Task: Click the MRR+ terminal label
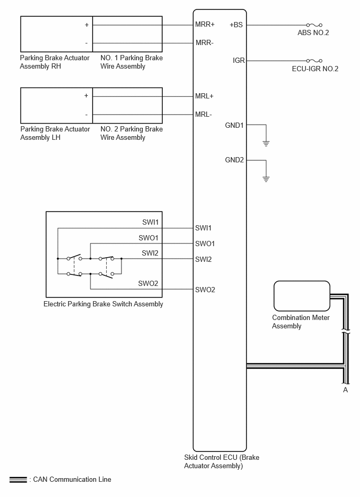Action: pos(205,25)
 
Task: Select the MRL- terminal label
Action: pos(204,114)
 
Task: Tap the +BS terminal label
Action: pos(236,25)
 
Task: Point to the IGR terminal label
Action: pos(239,60)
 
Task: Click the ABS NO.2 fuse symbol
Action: pos(314,25)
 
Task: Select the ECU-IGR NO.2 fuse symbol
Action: pos(314,61)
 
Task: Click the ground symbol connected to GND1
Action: pos(266,143)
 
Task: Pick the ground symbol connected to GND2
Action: pos(266,179)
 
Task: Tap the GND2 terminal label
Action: pos(234,160)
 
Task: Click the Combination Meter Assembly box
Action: pos(302,296)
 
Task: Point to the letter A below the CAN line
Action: pos(345,390)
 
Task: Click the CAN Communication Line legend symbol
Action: pos(18,480)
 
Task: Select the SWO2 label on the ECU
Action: pos(205,290)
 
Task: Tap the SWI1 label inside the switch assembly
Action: pos(150,222)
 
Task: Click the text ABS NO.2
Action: pos(313,32)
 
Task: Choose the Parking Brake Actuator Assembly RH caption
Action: pos(54,62)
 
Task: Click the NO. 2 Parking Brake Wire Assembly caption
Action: pos(131,133)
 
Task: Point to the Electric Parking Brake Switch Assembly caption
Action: pos(103,304)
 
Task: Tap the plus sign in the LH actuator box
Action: pos(86,95)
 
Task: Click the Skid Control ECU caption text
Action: pos(222,461)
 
